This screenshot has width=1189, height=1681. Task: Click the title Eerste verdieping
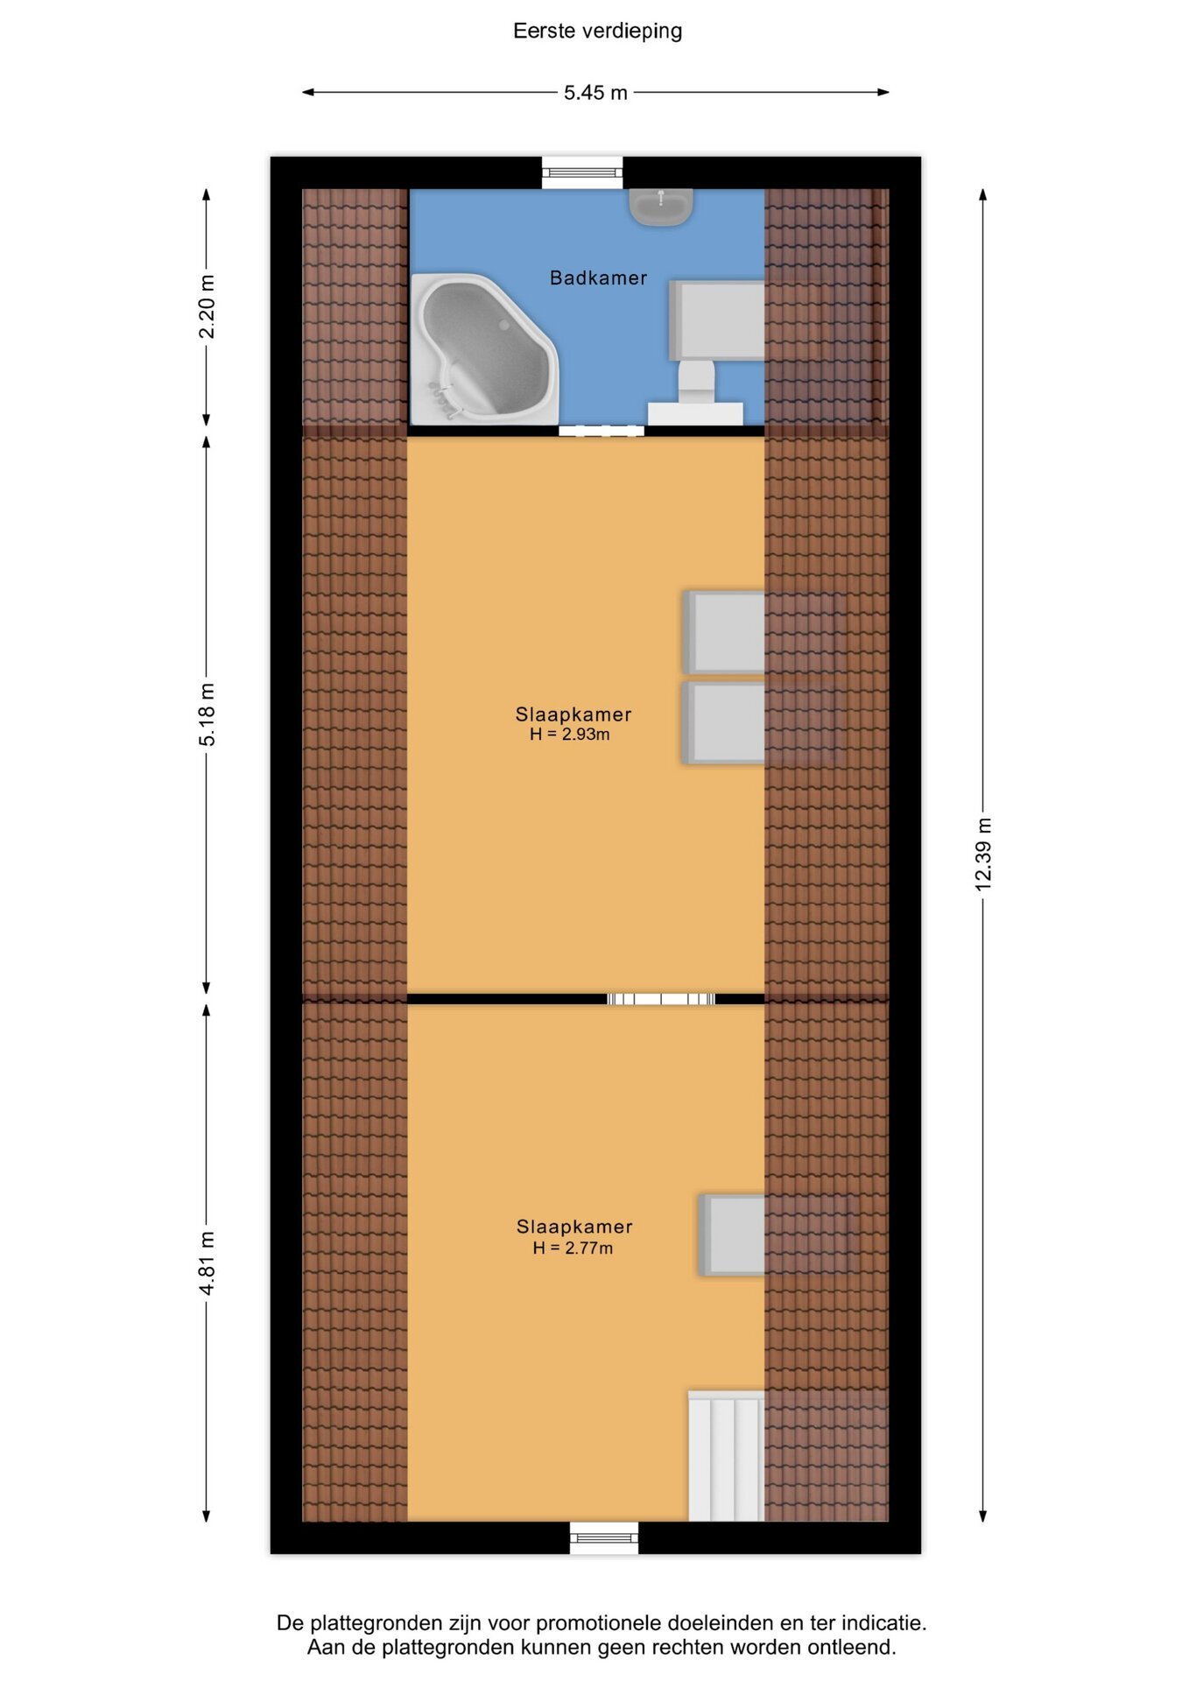click(597, 32)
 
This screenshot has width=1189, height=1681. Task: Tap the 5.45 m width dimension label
click(595, 93)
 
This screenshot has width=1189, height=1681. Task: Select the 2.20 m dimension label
click(207, 306)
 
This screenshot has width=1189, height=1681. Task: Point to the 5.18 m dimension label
click(207, 714)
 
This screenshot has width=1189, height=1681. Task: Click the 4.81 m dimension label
click(207, 1263)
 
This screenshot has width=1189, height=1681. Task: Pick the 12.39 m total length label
click(983, 855)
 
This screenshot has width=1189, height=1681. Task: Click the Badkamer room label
click(598, 278)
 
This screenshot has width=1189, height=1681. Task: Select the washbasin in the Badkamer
click(661, 207)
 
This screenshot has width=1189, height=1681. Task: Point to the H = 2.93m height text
click(570, 735)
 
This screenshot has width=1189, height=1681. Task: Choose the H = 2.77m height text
click(573, 1248)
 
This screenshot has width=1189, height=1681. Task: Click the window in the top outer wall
click(582, 172)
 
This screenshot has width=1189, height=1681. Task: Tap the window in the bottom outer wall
click(604, 1538)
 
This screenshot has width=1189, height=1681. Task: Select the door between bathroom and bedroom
click(602, 431)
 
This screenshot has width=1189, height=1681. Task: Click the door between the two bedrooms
click(661, 999)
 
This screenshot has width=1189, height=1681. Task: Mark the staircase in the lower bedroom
click(726, 1456)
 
